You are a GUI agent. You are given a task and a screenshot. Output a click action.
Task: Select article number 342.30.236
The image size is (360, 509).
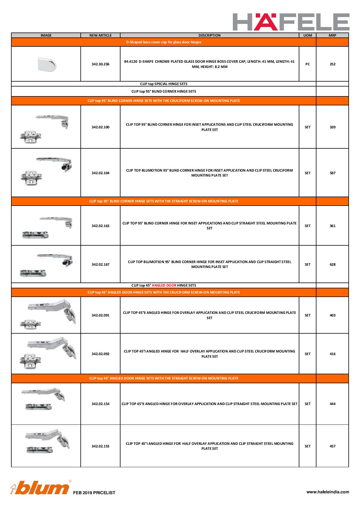click(100, 64)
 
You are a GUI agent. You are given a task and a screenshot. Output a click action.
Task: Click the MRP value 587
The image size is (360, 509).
click(332, 173)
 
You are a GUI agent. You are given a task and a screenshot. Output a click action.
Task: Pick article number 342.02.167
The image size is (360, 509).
click(100, 265)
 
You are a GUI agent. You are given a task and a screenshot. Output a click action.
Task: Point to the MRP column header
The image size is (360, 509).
click(332, 35)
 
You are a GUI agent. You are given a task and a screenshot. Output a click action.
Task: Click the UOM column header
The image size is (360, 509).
click(307, 35)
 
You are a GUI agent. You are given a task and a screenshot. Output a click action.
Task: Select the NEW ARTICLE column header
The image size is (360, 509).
click(100, 35)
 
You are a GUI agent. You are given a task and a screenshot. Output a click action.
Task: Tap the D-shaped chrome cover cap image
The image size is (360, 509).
click(46, 64)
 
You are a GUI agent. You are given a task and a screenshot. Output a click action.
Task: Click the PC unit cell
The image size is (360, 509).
click(307, 64)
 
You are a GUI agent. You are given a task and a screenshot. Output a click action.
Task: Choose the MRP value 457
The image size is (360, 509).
click(332, 446)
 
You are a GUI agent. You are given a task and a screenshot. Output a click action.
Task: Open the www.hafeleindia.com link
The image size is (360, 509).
click(328, 492)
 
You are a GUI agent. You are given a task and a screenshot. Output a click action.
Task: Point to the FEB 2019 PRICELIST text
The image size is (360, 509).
click(94, 493)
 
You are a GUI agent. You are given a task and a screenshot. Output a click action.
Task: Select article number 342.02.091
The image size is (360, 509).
click(100, 315)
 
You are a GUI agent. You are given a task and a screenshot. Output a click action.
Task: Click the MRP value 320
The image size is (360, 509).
click(332, 127)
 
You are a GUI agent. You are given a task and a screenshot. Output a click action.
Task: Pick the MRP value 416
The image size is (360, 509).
click(332, 354)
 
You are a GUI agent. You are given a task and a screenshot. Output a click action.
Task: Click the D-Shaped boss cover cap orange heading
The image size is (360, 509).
click(164, 42)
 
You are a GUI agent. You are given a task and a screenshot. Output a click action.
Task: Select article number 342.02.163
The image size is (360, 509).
click(100, 226)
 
